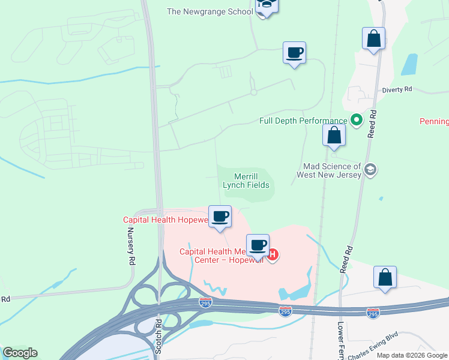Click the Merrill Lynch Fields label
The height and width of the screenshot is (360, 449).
pos(246,181)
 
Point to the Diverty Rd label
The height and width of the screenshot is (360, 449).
pos(397,89)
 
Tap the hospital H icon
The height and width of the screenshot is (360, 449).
pos(273,254)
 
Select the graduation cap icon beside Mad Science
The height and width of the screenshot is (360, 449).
pos(370,170)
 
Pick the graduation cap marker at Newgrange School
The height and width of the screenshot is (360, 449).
pos(266,5)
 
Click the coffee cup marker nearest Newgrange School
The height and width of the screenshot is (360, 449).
pos(294,53)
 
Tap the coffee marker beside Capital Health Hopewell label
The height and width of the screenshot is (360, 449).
pos(220,216)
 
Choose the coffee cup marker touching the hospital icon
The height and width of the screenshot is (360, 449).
pos(258,245)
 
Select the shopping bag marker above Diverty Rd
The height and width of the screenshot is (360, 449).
pos(373,39)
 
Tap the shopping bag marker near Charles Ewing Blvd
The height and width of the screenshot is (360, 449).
pos(385,277)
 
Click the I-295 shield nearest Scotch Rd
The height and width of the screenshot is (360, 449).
pos(206,304)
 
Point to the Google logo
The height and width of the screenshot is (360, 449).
pos(20,353)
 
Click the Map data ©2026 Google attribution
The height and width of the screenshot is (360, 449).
pos(412,355)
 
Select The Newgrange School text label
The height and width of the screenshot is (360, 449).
pos(209,11)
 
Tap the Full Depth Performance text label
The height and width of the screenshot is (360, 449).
pos(303,121)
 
